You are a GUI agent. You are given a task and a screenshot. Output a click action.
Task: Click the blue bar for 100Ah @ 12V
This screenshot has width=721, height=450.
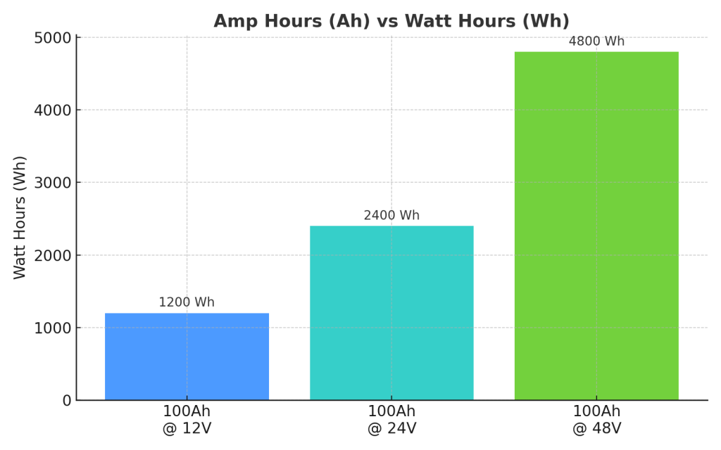coord(187,356)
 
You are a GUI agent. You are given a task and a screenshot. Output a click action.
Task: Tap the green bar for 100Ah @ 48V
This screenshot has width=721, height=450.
coord(596,226)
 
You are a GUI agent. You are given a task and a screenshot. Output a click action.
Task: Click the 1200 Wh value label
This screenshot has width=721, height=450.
coord(187,302)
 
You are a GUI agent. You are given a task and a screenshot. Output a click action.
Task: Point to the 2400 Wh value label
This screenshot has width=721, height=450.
coord(391,215)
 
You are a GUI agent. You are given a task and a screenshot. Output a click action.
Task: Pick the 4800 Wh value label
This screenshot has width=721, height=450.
coord(596,41)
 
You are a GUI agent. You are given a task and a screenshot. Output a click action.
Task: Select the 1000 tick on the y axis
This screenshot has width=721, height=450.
coord(53,328)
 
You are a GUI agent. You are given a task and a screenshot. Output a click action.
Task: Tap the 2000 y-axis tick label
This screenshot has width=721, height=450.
coord(53,255)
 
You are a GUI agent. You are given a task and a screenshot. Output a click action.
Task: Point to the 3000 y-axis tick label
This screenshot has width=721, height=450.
coord(53,183)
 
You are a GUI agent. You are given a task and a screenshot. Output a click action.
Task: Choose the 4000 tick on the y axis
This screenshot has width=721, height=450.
coord(53,110)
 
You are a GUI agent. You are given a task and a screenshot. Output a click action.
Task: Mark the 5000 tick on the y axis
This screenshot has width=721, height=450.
coord(53,37)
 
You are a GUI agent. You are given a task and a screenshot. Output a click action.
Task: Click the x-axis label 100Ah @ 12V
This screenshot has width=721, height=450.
coord(187,420)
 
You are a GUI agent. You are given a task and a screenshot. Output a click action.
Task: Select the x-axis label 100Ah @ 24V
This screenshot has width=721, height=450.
coord(391,420)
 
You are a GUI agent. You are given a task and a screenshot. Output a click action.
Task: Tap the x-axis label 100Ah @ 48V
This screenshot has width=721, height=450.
coord(596,420)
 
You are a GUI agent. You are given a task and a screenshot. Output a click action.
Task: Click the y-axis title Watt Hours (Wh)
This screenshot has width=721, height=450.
coord(20,217)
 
